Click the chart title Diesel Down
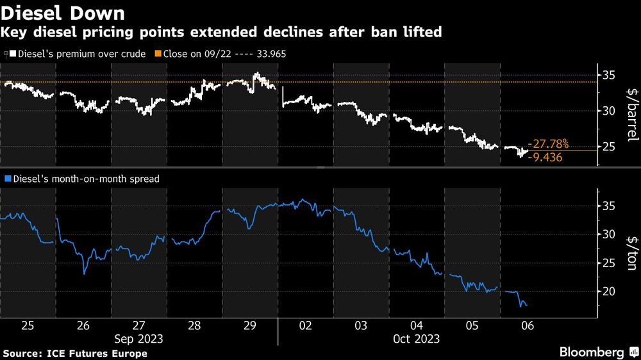[63, 13]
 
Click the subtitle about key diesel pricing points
[222, 32]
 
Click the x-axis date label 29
[249, 325]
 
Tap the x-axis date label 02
[305, 325]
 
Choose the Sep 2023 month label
[138, 338]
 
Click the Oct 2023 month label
[416, 338]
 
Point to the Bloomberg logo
[592, 352]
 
